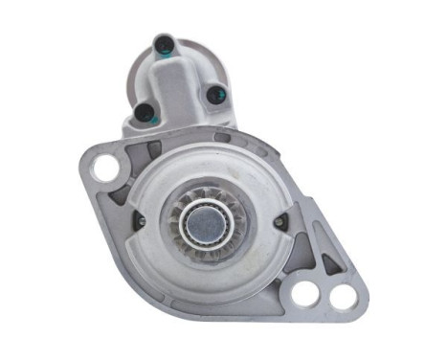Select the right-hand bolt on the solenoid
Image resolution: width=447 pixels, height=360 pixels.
point(213,94)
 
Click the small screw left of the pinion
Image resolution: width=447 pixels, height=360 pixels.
point(142,222)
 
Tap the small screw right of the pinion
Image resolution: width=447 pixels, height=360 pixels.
point(279,222)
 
